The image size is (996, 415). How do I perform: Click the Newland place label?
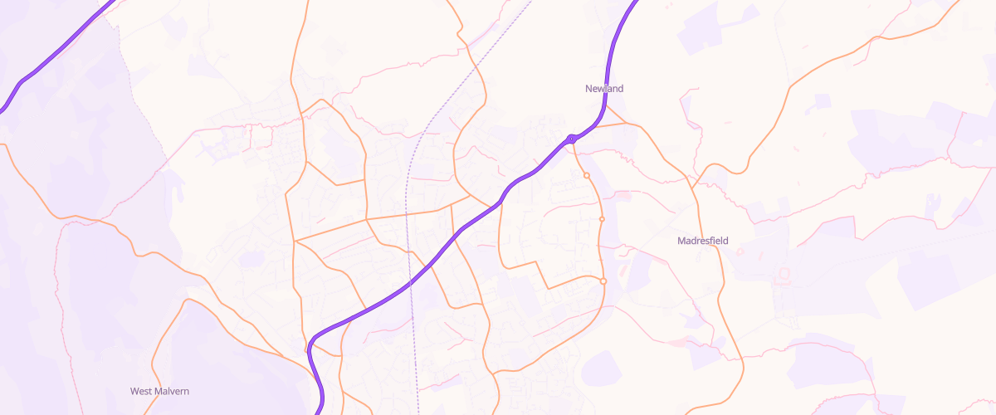coord(603,88)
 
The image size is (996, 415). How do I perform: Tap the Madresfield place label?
coord(702,241)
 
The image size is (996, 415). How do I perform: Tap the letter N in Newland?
coord(588,88)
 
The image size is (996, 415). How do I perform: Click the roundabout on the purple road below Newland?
coord(572,139)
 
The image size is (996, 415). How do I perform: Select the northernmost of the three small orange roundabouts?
coord(586,175)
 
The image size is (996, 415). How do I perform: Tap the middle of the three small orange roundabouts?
coord(602,219)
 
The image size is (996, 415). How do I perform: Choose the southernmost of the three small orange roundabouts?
coord(603,281)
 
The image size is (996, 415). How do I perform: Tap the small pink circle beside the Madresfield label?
coord(740,251)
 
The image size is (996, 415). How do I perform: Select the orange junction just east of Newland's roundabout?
coord(624,124)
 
